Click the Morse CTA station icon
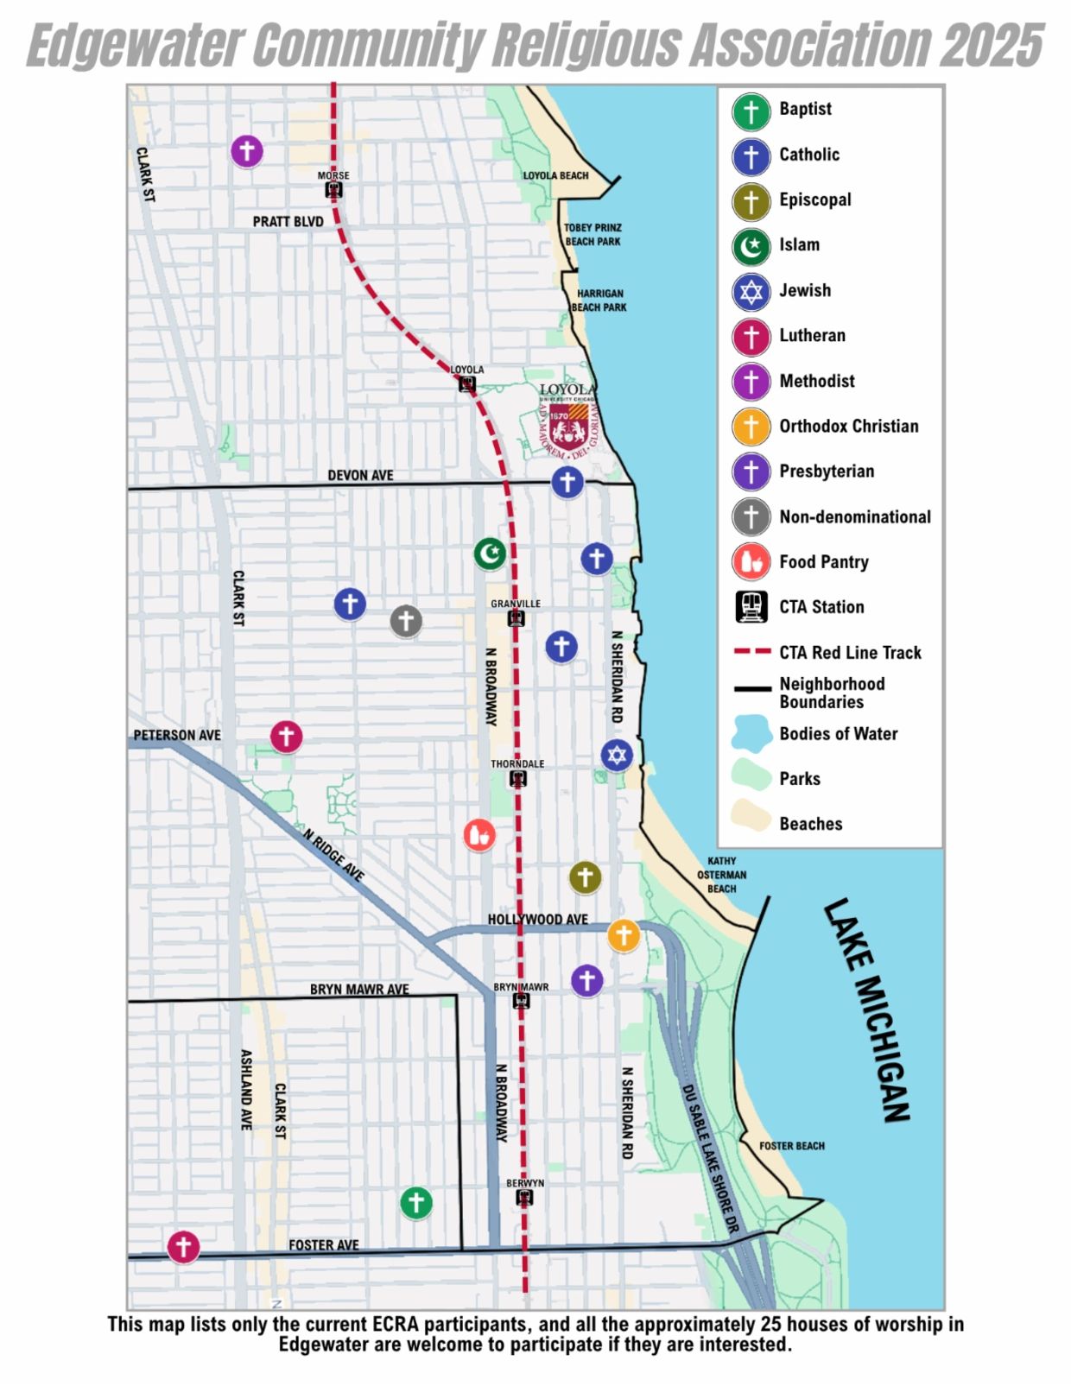pyautogui.click(x=333, y=189)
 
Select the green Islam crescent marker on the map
pyautogui.click(x=490, y=553)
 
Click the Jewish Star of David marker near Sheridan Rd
pyautogui.click(x=616, y=756)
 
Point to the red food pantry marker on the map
pyautogui.click(x=479, y=835)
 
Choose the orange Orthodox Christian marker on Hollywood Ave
pyautogui.click(x=623, y=934)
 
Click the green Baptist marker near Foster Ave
pyautogui.click(x=415, y=1202)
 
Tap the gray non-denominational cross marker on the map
pyautogui.click(x=406, y=620)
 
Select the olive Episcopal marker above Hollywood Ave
pyautogui.click(x=585, y=877)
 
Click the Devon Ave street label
pyautogui.click(x=360, y=475)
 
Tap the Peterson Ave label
pyautogui.click(x=177, y=735)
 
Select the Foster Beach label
pyautogui.click(x=792, y=1146)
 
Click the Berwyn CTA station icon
pyautogui.click(x=524, y=1198)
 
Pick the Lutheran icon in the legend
pyautogui.click(x=751, y=336)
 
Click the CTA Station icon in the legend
pyautogui.click(x=751, y=607)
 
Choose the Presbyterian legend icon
pyautogui.click(x=751, y=471)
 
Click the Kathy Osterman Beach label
pyautogui.click(x=722, y=875)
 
